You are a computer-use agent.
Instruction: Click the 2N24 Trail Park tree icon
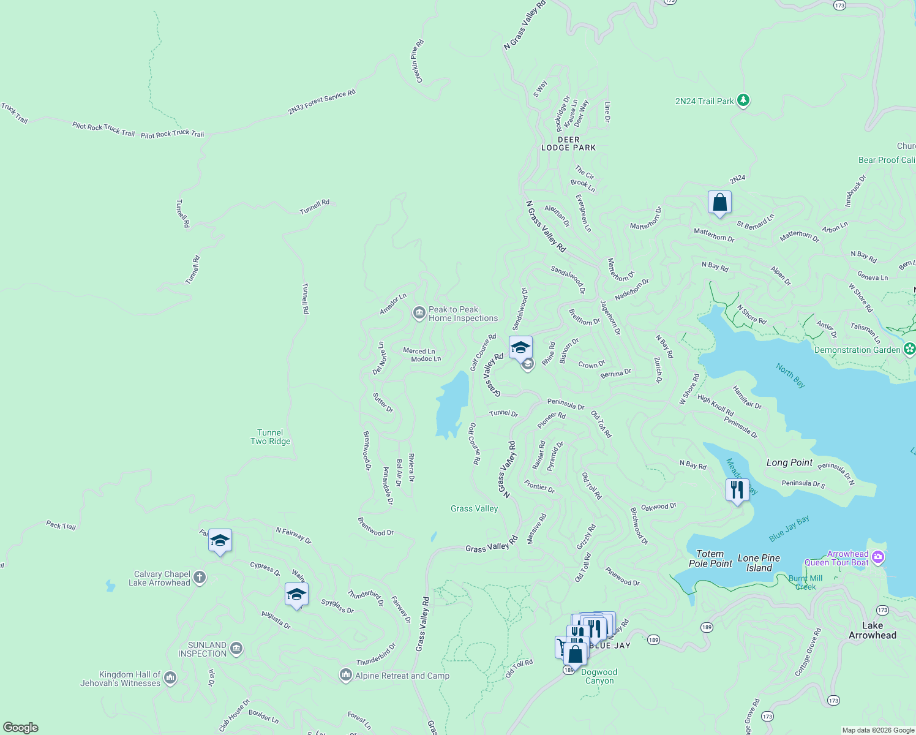coord(743,100)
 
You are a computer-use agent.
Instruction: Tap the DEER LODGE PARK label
coord(568,143)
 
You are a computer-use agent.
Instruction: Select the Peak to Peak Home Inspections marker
coord(419,314)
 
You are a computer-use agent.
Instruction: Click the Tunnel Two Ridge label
coord(270,437)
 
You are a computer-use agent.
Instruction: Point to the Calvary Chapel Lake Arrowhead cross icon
coord(200,578)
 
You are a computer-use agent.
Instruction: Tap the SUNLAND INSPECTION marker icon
coord(236,649)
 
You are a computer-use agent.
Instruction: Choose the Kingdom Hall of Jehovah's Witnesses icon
coord(170,677)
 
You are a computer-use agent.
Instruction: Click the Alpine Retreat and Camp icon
coord(345,675)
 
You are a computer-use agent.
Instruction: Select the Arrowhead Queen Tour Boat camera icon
coord(878,557)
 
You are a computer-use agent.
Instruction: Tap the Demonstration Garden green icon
coord(909,349)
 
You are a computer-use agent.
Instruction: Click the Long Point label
coord(789,462)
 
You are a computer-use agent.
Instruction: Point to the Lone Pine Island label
coord(759,563)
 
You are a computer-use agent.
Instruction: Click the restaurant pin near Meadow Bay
coord(737,490)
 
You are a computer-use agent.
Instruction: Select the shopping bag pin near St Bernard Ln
coord(719,203)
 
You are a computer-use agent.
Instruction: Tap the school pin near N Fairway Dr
coord(220,541)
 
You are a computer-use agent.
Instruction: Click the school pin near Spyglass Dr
coord(296,594)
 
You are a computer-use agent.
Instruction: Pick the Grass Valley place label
coord(474,508)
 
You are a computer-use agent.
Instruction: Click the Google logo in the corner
coord(21,727)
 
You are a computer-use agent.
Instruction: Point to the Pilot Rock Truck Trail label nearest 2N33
coord(172,134)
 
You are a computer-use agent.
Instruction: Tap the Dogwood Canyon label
coord(599,676)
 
